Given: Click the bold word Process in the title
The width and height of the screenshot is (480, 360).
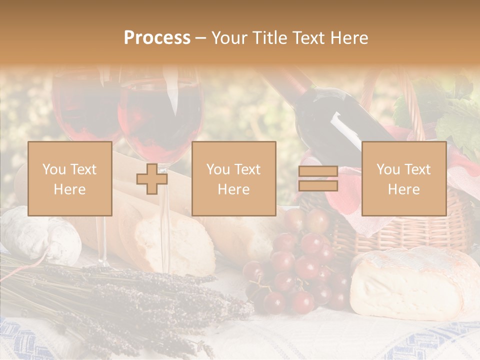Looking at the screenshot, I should [x=157, y=38].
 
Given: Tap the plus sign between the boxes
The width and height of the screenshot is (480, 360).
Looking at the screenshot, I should [x=152, y=179].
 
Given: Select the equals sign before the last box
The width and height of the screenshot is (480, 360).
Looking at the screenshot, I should [x=318, y=179].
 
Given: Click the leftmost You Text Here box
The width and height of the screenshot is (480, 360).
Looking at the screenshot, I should [x=69, y=179].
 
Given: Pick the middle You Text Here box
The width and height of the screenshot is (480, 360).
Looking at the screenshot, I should [x=233, y=179].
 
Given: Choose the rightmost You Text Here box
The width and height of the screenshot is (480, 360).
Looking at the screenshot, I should [x=403, y=179].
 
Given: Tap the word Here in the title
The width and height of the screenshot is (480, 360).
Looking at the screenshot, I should [x=348, y=38].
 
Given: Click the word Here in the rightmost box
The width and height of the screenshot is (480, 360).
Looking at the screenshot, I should [x=403, y=189].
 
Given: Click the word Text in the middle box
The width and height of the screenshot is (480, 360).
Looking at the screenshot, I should [x=247, y=169].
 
